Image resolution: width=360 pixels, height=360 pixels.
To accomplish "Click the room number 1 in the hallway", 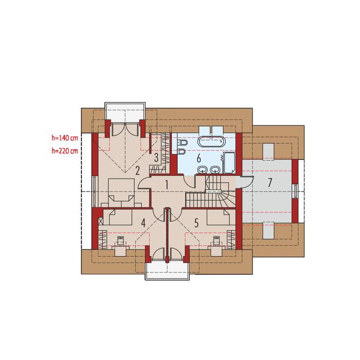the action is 167,185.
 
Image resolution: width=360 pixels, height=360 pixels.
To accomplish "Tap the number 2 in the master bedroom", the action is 137,171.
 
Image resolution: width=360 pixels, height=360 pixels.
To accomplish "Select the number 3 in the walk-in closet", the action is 156,158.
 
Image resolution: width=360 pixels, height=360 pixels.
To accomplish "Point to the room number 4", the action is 143,223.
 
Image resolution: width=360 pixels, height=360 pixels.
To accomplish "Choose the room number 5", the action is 196,223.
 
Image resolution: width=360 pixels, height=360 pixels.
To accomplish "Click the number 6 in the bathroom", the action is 199,158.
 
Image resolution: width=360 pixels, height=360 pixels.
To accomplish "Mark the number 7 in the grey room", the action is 270,183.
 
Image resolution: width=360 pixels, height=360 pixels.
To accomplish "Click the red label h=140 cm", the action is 65,138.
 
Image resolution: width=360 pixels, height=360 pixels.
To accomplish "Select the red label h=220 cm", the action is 65,151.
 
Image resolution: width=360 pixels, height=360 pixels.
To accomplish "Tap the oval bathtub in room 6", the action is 211,141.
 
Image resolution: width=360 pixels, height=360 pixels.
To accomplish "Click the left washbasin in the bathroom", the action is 202,170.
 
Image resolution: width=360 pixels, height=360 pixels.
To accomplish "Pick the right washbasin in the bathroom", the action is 215,170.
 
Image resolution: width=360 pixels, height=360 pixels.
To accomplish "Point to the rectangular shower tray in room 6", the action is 229,163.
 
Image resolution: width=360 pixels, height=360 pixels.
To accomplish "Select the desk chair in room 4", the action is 121,241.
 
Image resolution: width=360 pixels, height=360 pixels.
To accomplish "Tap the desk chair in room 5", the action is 217,241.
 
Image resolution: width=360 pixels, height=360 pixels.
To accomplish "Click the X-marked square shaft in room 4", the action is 100,221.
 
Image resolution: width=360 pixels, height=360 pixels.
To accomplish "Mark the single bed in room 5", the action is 218,217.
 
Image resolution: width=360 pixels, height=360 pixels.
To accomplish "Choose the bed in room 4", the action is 118,217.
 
